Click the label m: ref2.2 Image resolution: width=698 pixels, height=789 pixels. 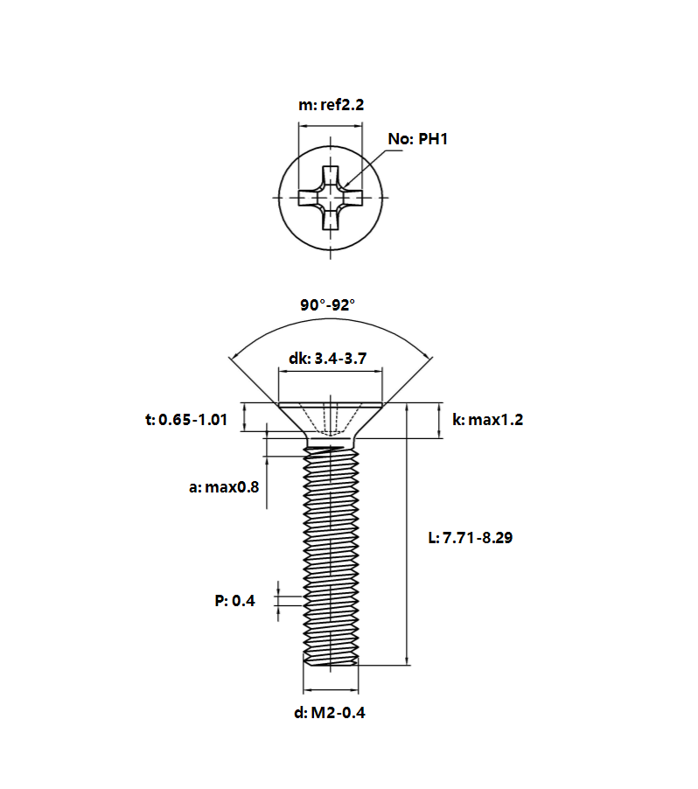[331, 105]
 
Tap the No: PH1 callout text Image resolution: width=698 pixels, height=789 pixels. [417, 139]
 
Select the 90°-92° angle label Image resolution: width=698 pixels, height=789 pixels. [328, 305]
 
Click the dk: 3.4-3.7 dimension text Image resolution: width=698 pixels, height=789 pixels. [328, 359]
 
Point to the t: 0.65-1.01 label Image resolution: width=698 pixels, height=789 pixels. [186, 419]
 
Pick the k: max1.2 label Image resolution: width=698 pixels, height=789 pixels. [487, 419]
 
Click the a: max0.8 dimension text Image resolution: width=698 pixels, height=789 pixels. [224, 486]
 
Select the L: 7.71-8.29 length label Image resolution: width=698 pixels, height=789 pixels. [470, 537]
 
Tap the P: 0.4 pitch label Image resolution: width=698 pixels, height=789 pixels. [234, 600]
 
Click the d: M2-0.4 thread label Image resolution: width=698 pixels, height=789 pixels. [330, 713]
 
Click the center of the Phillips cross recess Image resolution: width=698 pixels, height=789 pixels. [330, 198]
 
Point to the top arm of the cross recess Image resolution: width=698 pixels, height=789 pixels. [330, 175]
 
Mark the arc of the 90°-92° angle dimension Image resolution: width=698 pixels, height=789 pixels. [331, 318]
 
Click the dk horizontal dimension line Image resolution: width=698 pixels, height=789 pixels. [331, 372]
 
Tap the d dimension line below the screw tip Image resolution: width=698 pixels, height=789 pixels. [331, 690]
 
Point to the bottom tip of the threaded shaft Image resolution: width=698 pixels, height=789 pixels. [330, 665]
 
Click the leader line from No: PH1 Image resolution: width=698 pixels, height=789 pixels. [372, 168]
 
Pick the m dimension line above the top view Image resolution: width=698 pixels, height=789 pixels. [330, 126]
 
